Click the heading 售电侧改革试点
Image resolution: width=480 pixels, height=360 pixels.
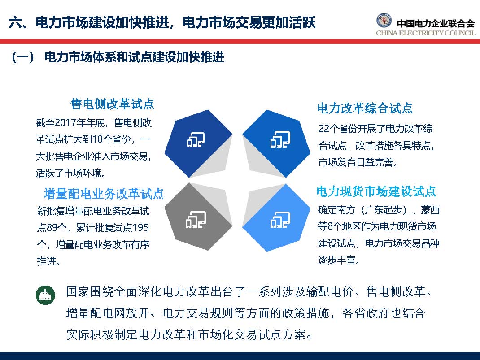click(112, 104)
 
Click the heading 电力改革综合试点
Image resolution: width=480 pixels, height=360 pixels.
click(365, 108)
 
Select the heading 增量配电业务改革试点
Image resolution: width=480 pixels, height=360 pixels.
click(104, 194)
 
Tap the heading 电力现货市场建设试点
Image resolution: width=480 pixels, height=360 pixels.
click(376, 192)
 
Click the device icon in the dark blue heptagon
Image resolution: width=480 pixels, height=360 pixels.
click(196, 140)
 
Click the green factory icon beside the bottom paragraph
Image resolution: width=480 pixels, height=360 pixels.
click(45, 295)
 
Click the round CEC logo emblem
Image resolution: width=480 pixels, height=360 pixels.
click(385, 22)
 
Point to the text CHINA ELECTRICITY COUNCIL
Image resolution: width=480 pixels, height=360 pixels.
click(425, 33)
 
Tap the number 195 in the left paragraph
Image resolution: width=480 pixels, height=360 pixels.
click(140, 228)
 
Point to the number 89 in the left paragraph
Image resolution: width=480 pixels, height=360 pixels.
click(52, 228)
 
